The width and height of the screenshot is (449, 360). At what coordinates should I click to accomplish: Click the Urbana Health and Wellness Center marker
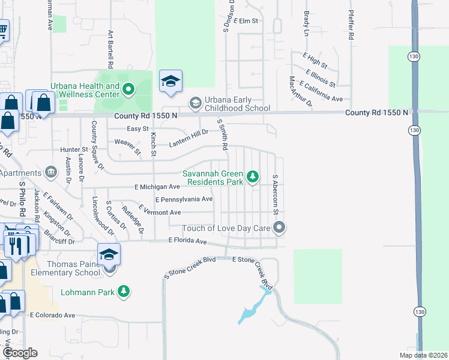tap(127, 90)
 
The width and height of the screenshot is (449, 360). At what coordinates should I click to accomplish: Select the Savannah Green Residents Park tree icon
tap(253, 176)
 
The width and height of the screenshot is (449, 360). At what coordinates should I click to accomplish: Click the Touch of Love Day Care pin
tap(279, 227)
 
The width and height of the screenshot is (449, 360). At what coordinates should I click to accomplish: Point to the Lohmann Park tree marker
tap(124, 291)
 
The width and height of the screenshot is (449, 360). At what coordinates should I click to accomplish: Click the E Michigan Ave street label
tap(154, 187)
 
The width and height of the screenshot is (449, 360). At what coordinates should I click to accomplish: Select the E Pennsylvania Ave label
tap(184, 199)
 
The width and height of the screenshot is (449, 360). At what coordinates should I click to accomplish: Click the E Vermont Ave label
tap(159, 212)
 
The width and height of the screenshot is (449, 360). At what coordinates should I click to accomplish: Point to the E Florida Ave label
tap(187, 241)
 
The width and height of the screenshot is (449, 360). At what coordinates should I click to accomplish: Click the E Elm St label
tap(246, 20)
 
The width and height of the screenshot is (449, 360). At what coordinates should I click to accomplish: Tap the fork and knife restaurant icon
tap(16, 245)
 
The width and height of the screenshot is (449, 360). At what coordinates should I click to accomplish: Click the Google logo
tap(20, 353)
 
